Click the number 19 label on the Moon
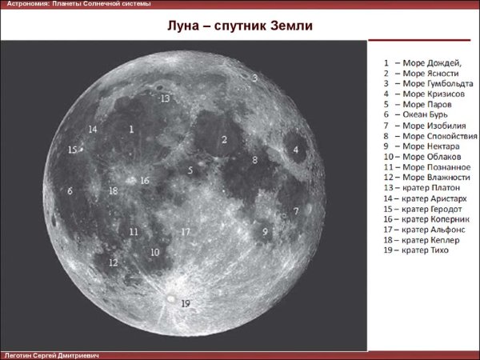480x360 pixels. tap(186, 303)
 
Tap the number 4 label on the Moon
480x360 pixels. tap(295, 150)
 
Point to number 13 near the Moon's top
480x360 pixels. tap(165, 99)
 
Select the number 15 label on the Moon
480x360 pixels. tap(72, 150)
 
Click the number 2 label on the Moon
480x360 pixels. tap(225, 139)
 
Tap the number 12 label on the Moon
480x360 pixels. tap(113, 262)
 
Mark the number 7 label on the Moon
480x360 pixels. tap(296, 211)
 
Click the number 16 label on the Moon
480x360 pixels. tap(145, 181)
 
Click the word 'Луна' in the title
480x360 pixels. tap(183, 26)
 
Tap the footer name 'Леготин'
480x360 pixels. tap(19, 354)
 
